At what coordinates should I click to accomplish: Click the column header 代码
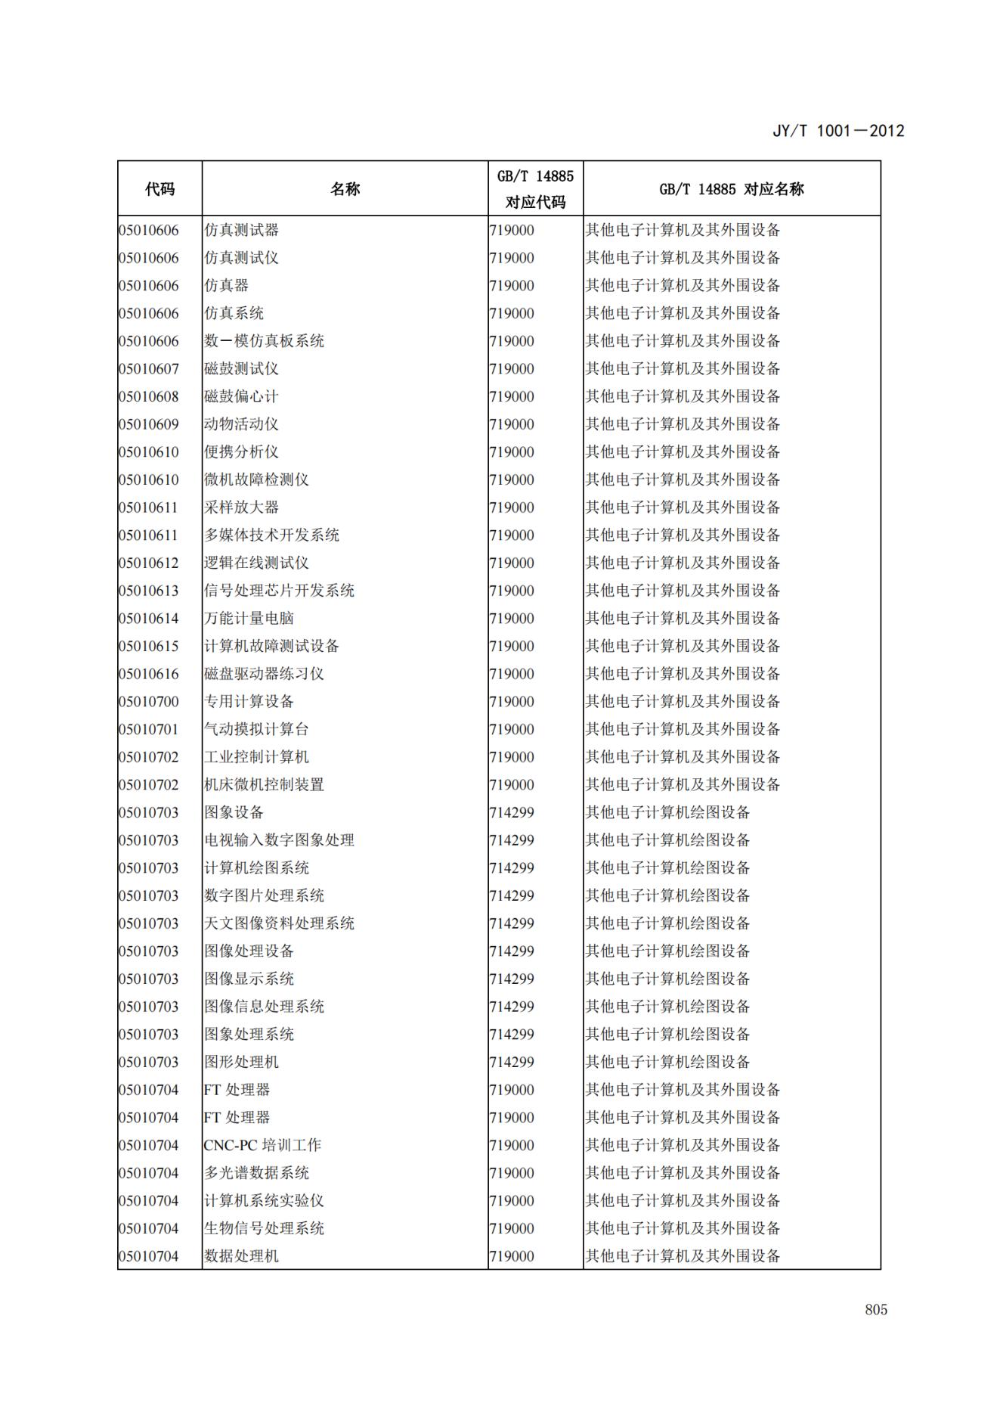[x=159, y=189]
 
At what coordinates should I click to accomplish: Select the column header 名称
[x=345, y=189]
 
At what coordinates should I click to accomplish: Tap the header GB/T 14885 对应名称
[x=731, y=189]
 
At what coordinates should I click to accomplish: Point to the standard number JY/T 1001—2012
[x=838, y=131]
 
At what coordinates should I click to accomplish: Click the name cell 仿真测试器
[x=241, y=230]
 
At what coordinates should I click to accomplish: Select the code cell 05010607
[x=149, y=369]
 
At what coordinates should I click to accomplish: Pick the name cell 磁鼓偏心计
[x=241, y=396]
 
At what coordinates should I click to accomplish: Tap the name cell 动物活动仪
[x=241, y=424]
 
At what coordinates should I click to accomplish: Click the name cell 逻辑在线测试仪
[x=256, y=563]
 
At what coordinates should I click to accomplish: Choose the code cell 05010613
[x=149, y=591]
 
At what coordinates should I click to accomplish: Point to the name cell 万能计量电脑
[x=249, y=619]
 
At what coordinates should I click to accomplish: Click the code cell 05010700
[x=149, y=702]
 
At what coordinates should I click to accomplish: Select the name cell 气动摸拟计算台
[x=256, y=729]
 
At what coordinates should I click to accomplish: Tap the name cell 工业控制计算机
[x=256, y=757]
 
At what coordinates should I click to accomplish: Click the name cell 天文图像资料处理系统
[x=279, y=923]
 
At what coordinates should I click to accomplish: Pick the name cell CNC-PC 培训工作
[x=262, y=1145]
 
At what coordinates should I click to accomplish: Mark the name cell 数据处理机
[x=241, y=1256]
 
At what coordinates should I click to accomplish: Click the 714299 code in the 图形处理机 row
[x=512, y=1062]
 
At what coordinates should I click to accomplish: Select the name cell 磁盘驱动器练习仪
[x=264, y=674]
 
